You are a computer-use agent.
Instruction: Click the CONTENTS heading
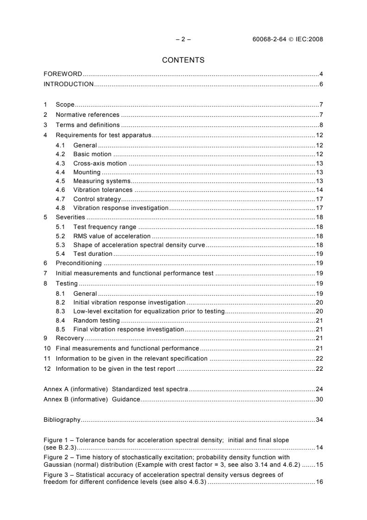(x=183, y=60)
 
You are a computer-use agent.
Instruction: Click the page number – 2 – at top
(x=183, y=39)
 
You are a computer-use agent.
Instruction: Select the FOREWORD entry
(x=63, y=74)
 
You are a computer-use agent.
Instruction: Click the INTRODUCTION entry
(x=68, y=84)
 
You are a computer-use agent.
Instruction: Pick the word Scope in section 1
(x=65, y=105)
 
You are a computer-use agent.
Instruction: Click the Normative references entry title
(x=87, y=115)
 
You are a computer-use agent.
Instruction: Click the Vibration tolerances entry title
(x=103, y=190)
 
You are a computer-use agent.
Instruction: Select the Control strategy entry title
(x=97, y=199)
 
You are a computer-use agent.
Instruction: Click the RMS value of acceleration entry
(x=112, y=236)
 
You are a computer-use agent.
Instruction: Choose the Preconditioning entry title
(x=79, y=263)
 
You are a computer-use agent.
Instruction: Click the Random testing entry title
(x=96, y=320)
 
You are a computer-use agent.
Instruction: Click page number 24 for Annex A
(x=319, y=389)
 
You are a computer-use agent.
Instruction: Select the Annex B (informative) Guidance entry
(x=92, y=399)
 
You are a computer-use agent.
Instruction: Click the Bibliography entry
(x=62, y=420)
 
